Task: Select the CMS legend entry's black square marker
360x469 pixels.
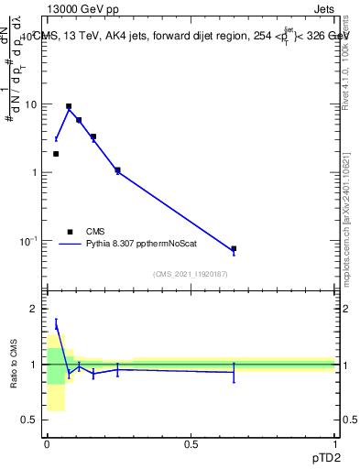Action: click(69, 232)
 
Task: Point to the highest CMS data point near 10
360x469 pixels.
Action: click(69, 106)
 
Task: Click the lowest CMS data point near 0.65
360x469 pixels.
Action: click(234, 248)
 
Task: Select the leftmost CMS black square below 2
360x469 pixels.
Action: click(56, 154)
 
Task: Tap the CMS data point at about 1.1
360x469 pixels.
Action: click(117, 169)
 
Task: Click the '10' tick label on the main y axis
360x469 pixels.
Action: click(30, 104)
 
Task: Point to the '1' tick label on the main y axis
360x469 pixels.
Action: click(34, 172)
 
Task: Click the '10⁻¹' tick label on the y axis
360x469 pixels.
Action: click(28, 240)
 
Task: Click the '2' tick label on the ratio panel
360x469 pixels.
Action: click(34, 309)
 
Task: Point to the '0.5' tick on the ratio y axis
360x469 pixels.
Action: click(29, 420)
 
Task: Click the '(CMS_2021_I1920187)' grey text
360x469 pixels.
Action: click(191, 274)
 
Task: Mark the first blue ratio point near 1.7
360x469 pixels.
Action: click(56, 324)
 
